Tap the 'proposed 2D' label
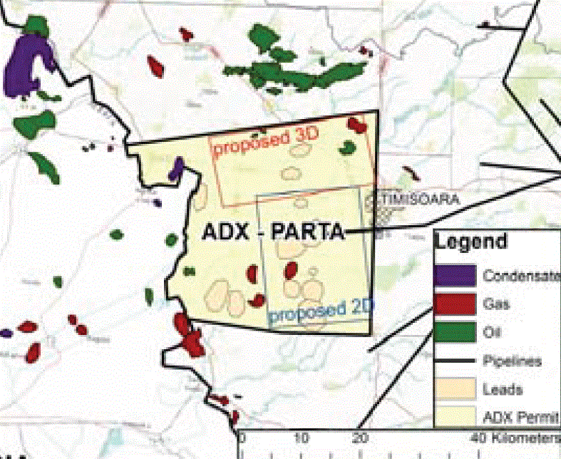pos(314,311)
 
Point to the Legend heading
pos(472,241)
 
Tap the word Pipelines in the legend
pos(512,361)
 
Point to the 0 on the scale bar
pos(242,437)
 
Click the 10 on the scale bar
pos(302,437)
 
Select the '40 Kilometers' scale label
pos(515,437)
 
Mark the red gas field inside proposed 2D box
pos(291,270)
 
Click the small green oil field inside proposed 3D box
pos(347,148)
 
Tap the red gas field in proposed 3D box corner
pos(356,125)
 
